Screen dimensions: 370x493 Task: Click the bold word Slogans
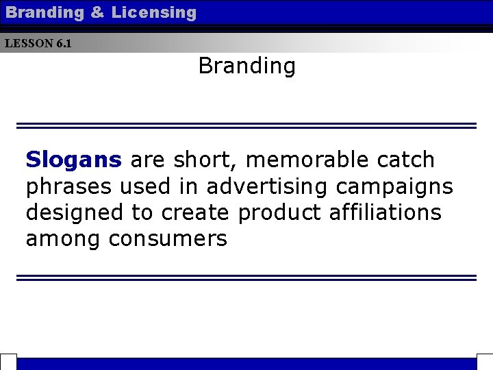click(x=73, y=160)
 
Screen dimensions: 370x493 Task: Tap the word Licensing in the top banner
click(x=153, y=12)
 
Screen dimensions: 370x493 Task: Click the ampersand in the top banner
click(x=97, y=12)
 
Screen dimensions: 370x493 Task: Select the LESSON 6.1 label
click(x=38, y=43)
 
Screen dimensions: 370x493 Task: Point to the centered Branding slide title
click(x=246, y=66)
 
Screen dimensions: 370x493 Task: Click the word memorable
click(x=307, y=160)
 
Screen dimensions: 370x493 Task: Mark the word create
click(x=195, y=212)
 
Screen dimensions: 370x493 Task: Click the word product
click(x=279, y=213)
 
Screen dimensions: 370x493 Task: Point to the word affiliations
click(x=385, y=212)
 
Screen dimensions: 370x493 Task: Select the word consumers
click(x=168, y=239)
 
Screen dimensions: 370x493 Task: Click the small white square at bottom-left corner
click(x=8, y=362)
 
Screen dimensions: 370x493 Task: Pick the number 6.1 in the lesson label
click(x=64, y=43)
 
